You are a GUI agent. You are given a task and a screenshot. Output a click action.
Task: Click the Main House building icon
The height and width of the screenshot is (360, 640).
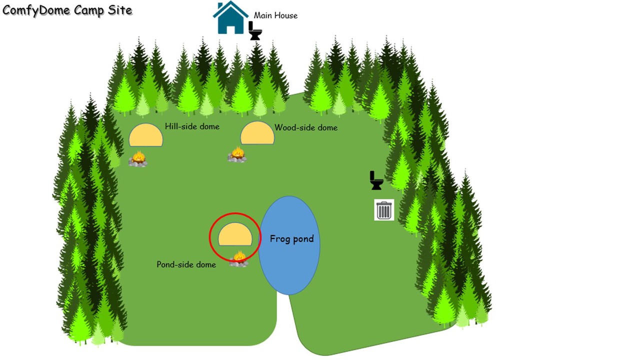click(230, 18)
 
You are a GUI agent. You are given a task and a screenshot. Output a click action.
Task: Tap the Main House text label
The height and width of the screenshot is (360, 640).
click(275, 15)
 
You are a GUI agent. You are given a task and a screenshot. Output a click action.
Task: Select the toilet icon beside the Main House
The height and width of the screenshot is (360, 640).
click(255, 30)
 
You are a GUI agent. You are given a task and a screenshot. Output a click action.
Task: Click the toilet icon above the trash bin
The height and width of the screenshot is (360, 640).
click(376, 180)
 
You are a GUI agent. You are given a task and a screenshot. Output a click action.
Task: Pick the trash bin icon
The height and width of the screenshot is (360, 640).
click(384, 210)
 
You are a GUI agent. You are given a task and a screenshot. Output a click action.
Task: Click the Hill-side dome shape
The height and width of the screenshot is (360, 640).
click(146, 135)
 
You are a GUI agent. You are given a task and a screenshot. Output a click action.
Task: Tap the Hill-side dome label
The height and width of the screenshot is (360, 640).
click(192, 126)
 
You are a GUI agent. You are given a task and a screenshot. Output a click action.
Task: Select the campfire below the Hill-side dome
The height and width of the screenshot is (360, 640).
click(138, 159)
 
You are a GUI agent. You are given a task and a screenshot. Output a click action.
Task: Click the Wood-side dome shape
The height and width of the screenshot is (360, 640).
click(257, 133)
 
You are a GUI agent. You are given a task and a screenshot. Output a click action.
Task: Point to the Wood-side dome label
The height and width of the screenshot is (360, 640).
click(306, 127)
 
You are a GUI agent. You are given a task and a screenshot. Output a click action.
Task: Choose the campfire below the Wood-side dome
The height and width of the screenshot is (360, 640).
click(237, 154)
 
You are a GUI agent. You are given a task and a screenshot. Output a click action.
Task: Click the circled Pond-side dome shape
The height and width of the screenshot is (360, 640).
click(235, 235)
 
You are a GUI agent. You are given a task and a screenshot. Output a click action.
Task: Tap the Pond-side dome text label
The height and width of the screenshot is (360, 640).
click(186, 264)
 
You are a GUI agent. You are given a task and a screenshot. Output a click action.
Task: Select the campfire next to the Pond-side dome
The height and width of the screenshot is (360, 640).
click(239, 259)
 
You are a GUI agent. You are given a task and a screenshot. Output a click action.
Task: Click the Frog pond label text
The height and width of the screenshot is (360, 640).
click(291, 238)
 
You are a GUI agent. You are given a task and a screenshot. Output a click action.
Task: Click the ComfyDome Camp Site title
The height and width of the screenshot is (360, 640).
click(67, 10)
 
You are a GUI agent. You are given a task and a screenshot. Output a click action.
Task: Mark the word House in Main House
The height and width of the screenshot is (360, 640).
click(286, 15)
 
